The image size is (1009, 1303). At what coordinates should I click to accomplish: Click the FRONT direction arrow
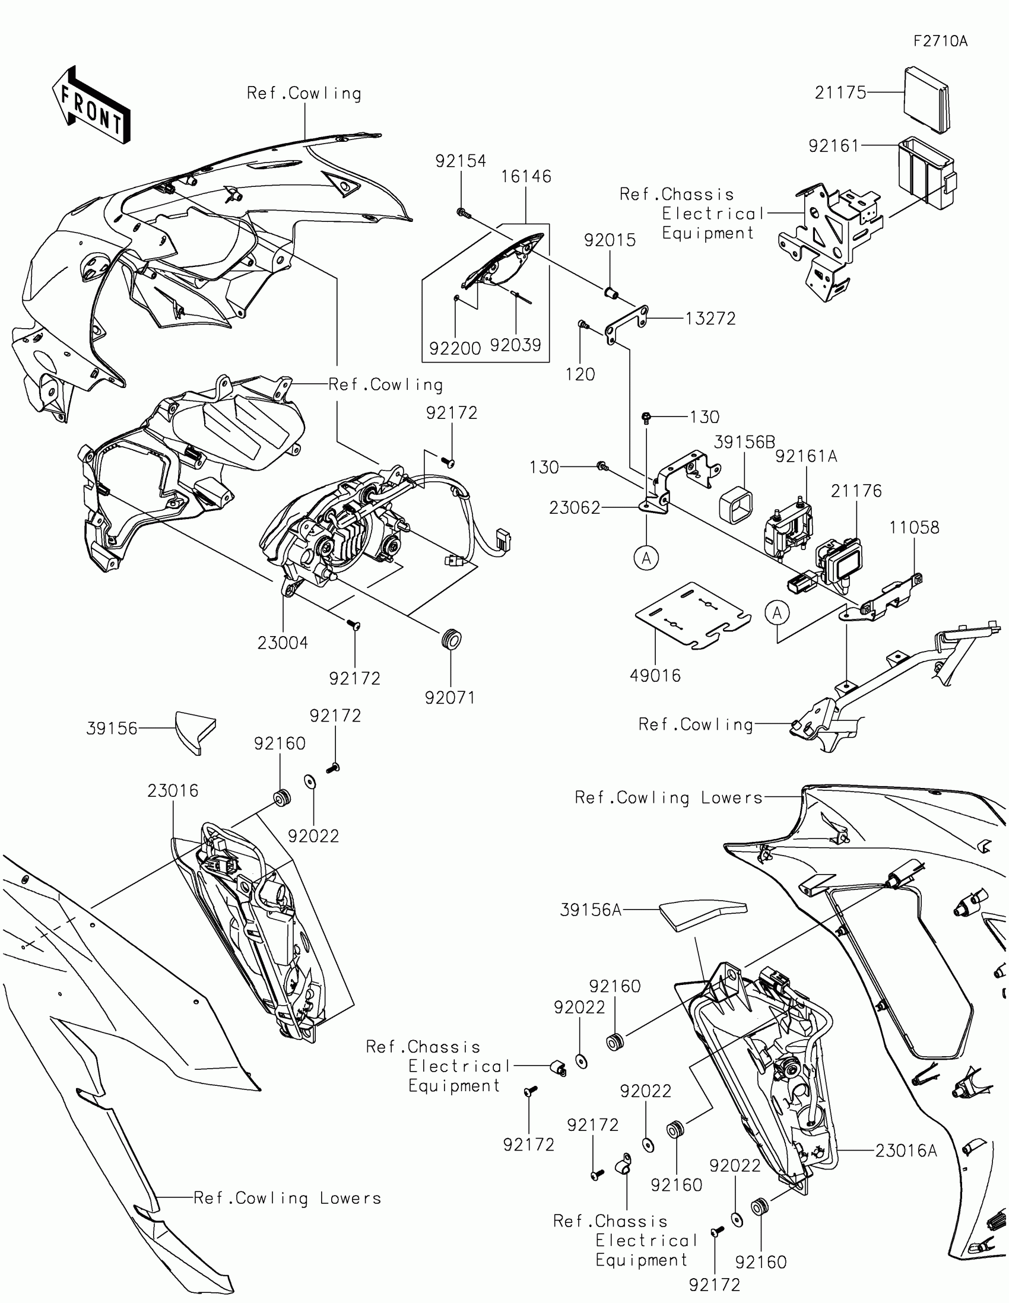tap(91, 105)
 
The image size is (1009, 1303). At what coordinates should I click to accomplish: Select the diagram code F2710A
tap(940, 41)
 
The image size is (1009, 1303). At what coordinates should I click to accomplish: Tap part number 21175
tap(840, 93)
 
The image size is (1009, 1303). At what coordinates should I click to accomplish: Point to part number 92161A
tap(806, 456)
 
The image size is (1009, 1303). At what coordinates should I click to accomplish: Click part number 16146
tap(526, 177)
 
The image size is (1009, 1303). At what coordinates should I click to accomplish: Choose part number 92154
tap(460, 161)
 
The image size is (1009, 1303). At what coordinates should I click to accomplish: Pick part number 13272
tap(710, 319)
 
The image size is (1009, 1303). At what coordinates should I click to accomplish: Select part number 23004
tap(283, 643)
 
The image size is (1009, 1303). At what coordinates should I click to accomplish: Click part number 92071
tap(450, 697)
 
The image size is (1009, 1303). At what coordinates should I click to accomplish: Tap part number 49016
tap(655, 675)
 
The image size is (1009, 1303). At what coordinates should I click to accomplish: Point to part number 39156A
tap(591, 910)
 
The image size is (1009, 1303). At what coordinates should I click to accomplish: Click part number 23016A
tap(906, 1151)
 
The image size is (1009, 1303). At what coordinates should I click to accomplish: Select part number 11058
tap(913, 527)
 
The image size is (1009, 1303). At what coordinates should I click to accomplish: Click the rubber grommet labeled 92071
tap(451, 640)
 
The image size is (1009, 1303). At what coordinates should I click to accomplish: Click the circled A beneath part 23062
tap(646, 558)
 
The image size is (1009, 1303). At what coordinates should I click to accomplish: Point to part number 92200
tap(455, 348)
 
